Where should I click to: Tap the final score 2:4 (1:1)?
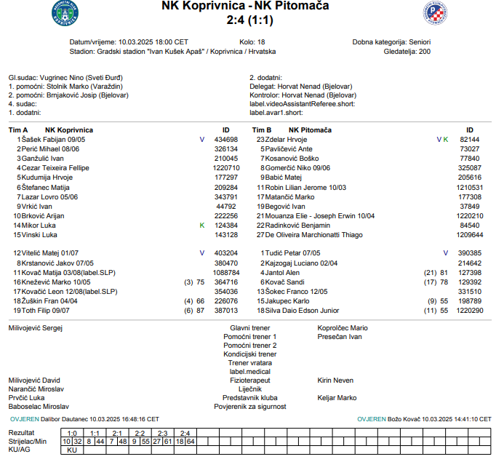[x=246, y=20]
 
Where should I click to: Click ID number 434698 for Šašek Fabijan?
[x=225, y=139]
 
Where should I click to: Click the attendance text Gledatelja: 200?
[x=407, y=52]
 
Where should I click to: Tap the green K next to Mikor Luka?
[x=202, y=226]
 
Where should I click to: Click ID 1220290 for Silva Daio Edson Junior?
[x=469, y=311]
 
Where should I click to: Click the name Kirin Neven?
[x=335, y=381]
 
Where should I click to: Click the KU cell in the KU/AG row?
[x=71, y=450]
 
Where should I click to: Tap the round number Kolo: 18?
[x=252, y=42]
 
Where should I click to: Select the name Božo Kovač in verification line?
[x=404, y=419]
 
